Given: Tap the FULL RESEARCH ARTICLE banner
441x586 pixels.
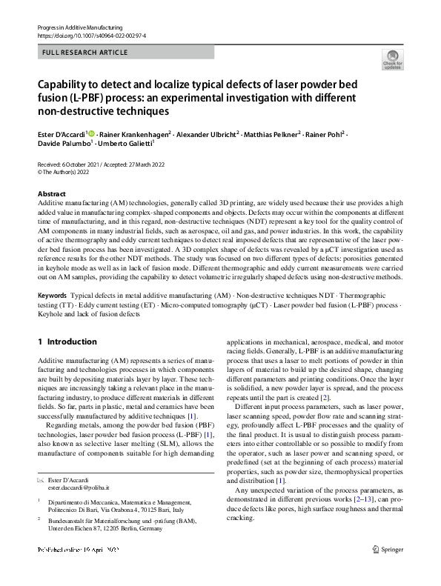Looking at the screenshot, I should (85, 53).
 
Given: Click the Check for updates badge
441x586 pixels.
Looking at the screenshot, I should (391, 59).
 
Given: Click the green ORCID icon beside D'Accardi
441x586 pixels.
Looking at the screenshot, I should (92, 133).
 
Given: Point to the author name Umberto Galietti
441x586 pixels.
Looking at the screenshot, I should (116, 144).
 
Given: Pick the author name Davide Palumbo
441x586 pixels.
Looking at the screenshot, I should (61, 144).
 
